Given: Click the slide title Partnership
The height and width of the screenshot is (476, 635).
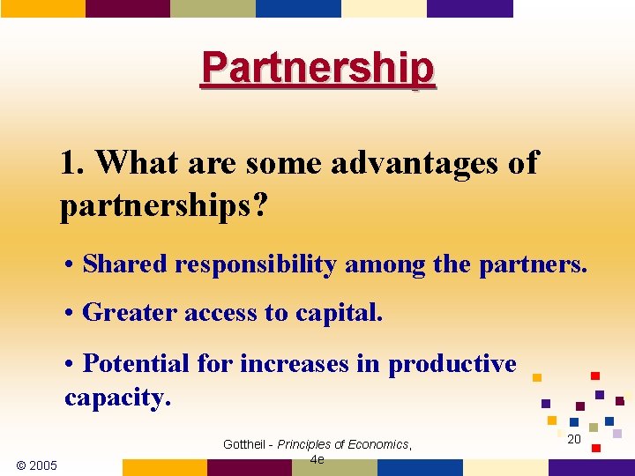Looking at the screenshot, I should (x=317, y=68).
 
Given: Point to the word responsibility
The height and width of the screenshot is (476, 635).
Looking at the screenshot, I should (x=255, y=264).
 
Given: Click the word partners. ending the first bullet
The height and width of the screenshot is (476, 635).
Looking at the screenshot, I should (x=533, y=264).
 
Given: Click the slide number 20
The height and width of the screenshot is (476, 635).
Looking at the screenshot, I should (x=574, y=439).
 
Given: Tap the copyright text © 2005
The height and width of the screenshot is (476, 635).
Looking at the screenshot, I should (x=37, y=465).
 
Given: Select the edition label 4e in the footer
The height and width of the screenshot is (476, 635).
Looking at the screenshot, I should (x=317, y=459).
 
